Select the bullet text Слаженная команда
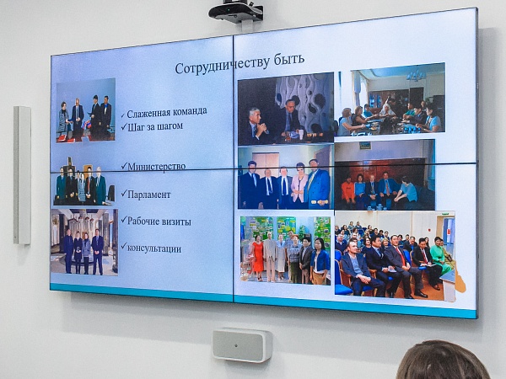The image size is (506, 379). pyautogui.click(x=167, y=113)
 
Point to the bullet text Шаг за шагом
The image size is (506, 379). pyautogui.click(x=155, y=126)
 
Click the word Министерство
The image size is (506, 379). pyautogui.click(x=157, y=167)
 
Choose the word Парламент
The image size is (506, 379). pyautogui.click(x=148, y=195)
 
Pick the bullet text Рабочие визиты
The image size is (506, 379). pyautogui.click(x=159, y=222)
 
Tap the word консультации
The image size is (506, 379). pyautogui.click(x=154, y=248)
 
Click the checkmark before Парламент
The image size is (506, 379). pyautogui.click(x=124, y=194)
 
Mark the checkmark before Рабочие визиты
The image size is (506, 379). pyautogui.click(x=124, y=220)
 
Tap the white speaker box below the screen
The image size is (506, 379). pyautogui.click(x=242, y=344)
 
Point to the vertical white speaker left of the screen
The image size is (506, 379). pyautogui.click(x=22, y=175)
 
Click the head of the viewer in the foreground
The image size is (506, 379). pyautogui.click(x=444, y=360)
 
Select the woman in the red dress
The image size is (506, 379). pyautogui.click(x=258, y=258)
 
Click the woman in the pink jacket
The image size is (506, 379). pyautogui.click(x=299, y=186)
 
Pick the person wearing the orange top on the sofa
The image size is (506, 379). pyautogui.click(x=347, y=191)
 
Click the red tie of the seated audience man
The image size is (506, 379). pyautogui.click(x=401, y=255)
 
